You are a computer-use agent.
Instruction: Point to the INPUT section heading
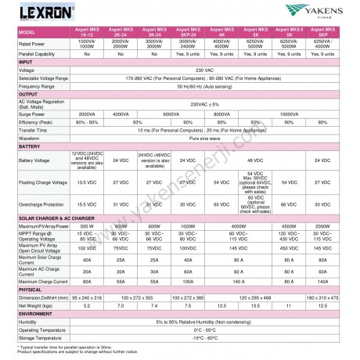point(27,61)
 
